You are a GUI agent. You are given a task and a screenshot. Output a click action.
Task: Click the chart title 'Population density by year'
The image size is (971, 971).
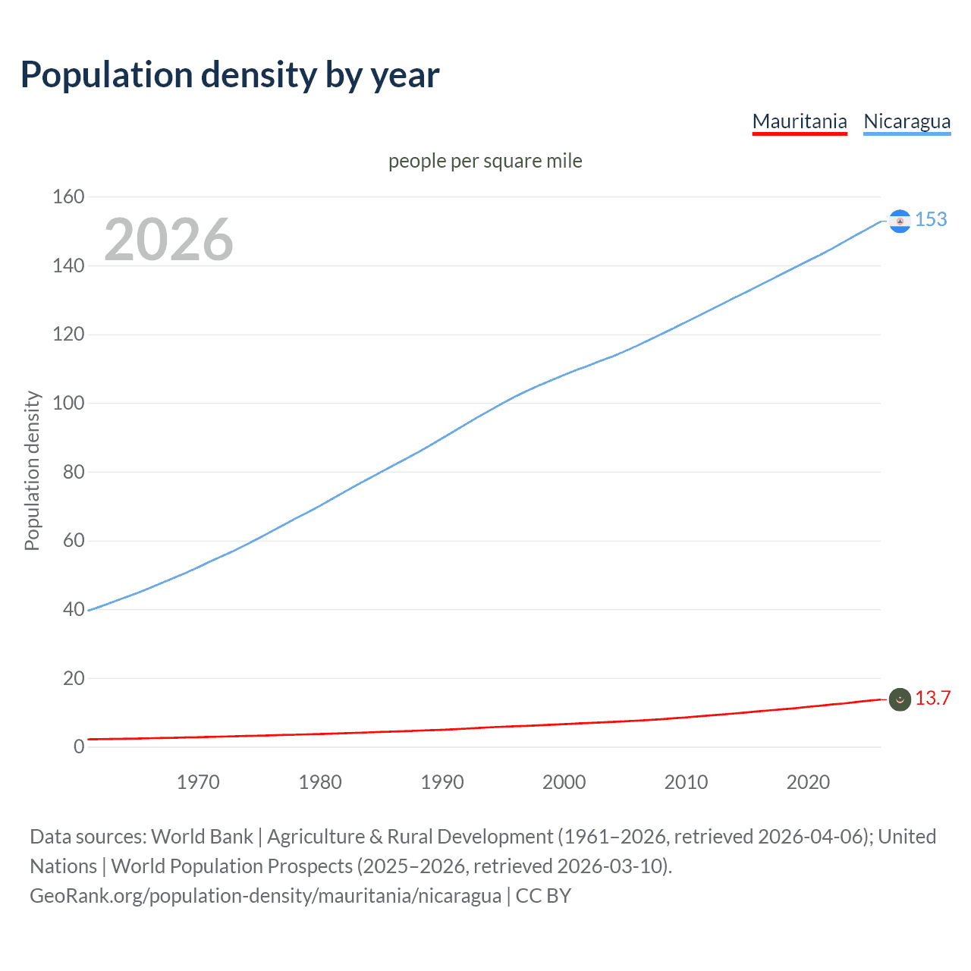tap(230, 75)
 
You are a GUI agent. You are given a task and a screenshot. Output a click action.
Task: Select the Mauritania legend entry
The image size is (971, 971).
tap(800, 121)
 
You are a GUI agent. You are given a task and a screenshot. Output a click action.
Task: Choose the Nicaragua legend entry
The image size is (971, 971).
tap(907, 121)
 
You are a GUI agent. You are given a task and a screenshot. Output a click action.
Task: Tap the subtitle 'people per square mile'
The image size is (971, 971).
tap(485, 161)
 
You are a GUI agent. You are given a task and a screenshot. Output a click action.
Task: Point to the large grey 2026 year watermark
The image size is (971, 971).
tap(168, 240)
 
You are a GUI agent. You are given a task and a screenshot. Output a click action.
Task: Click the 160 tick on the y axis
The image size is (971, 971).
tap(68, 196)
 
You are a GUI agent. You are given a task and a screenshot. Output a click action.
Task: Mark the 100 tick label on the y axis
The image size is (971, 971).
tap(68, 403)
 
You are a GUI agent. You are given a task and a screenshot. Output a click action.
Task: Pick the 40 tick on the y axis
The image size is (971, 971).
tap(74, 609)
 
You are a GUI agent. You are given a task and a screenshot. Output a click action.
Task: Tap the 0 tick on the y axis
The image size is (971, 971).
tap(79, 746)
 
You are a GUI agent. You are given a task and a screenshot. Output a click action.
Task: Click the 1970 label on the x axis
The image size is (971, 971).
tap(198, 782)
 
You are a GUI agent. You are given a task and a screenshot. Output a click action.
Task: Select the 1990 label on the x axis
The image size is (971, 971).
tap(442, 782)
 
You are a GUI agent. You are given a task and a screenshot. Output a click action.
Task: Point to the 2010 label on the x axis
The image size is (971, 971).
tap(686, 782)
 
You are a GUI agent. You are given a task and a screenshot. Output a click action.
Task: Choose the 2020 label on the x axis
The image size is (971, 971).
tap(808, 782)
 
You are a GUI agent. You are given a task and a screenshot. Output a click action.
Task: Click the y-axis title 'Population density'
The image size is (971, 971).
tap(32, 470)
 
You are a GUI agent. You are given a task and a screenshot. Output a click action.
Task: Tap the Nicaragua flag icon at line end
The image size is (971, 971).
tap(900, 221)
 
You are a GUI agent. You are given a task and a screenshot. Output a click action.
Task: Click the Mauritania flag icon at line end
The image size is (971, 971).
tap(900, 699)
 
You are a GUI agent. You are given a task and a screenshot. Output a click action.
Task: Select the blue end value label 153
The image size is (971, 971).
tap(931, 219)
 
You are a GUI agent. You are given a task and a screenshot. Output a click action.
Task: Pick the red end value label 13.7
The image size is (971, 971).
tap(932, 698)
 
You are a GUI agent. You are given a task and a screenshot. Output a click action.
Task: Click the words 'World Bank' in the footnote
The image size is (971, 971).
tap(202, 837)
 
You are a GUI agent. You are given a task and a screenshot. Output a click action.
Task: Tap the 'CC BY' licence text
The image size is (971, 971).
tap(543, 896)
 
